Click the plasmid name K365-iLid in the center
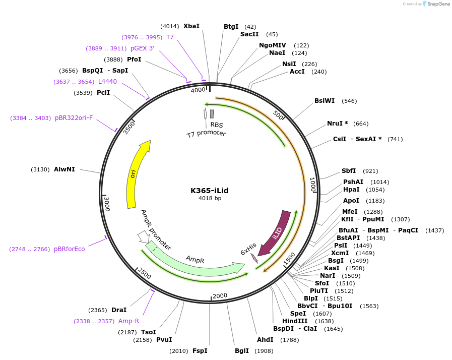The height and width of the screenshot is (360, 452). (x=210, y=191)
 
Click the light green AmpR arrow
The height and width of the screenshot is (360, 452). (x=197, y=263)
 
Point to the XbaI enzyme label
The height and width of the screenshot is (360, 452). (x=191, y=26)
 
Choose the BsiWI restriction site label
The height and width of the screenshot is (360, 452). (x=325, y=101)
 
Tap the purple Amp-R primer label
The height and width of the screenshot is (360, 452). (x=128, y=321)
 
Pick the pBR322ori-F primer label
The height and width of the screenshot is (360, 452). (x=74, y=118)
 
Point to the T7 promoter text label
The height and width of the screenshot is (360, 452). (x=206, y=134)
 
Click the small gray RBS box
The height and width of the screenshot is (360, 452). (x=212, y=114)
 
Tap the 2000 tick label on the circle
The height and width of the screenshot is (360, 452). (x=220, y=295)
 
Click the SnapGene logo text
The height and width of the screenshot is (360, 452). (x=436, y=4)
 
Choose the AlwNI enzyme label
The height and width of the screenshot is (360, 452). (x=64, y=169)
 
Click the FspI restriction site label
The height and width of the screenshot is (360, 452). (x=200, y=351)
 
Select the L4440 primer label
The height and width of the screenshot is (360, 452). (x=107, y=81)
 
